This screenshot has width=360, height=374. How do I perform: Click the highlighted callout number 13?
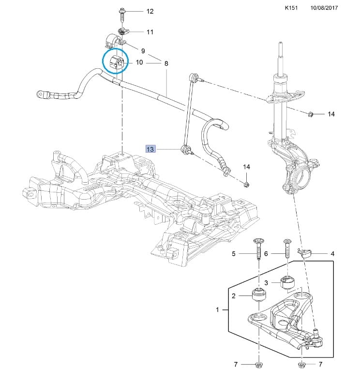pos(150,149)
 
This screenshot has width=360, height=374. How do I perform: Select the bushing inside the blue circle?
pos(116,62)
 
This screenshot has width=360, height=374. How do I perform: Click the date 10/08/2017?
pos(324,8)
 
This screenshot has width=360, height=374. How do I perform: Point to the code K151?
pos(291,8)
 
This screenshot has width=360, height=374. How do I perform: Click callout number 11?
pos(150,31)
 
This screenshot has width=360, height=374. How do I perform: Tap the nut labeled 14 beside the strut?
pos(311,114)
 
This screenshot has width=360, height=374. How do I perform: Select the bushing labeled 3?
pos(288,282)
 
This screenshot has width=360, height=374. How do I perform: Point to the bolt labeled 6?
pos(287,249)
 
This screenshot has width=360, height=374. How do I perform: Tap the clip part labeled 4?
pos(305,253)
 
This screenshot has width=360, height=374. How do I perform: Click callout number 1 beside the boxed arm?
pos(217,310)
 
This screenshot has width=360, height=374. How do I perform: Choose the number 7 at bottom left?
pos(235,364)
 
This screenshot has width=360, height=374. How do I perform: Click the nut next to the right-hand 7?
pos(301,364)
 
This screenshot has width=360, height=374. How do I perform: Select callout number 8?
pos(166,63)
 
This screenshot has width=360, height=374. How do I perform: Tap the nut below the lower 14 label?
pos(247,184)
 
